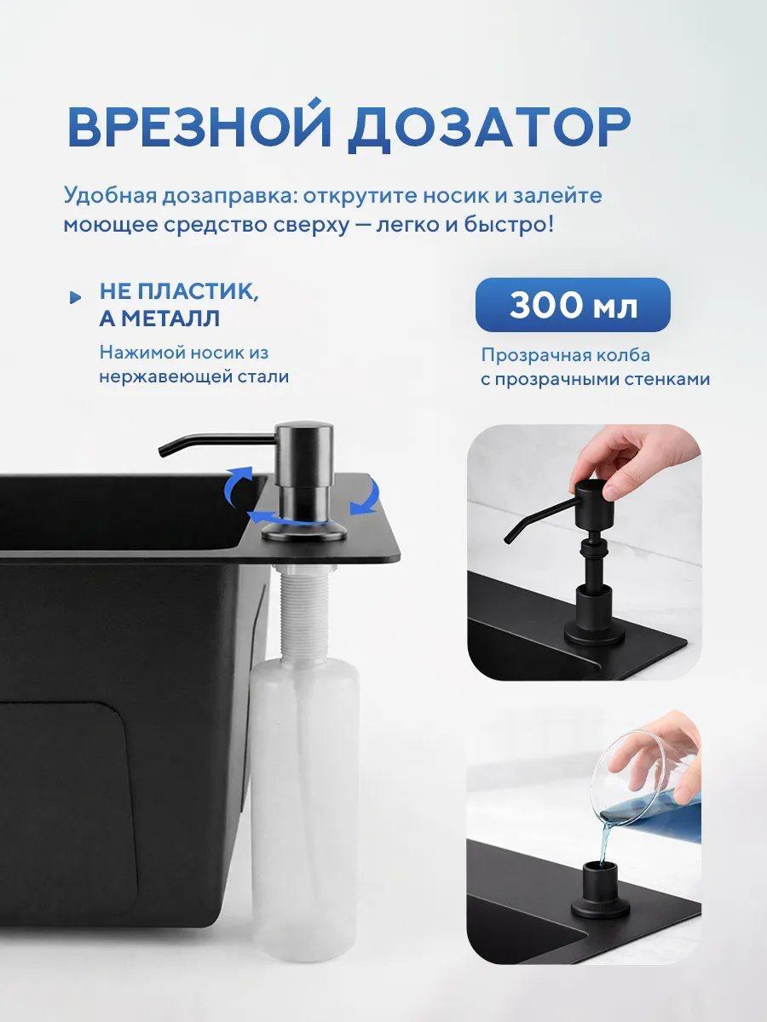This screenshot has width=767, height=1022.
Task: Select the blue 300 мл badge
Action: click(573, 305)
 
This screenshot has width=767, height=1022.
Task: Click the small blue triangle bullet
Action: click(75, 297)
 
